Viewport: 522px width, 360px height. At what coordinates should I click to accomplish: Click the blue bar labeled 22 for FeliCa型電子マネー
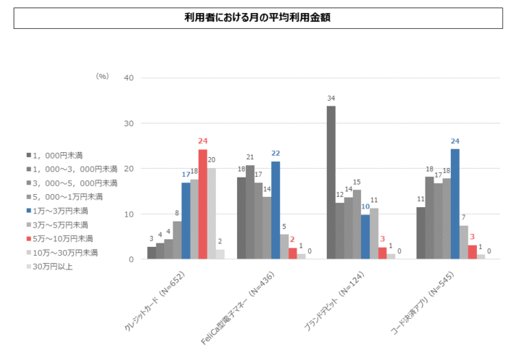point(275,210)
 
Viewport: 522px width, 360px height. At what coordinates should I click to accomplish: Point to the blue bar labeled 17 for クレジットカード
point(186,221)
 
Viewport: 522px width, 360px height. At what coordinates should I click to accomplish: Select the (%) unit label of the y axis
point(102,75)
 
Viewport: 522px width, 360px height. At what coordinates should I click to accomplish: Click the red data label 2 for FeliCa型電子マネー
point(293,238)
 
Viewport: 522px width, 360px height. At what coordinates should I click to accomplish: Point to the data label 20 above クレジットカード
point(212,160)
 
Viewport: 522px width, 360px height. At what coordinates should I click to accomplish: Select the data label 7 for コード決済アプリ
point(464,217)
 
